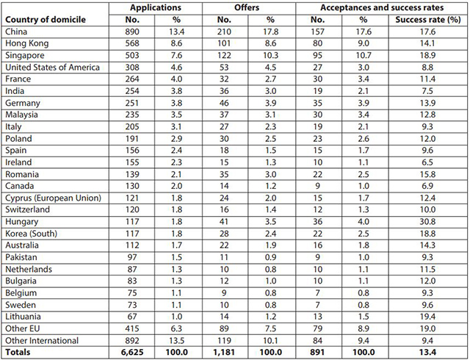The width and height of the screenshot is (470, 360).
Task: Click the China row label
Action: tap(16, 32)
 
